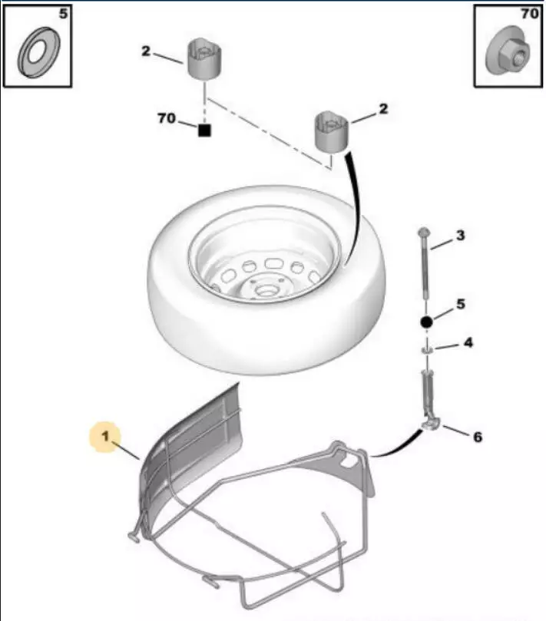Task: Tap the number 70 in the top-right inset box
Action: click(x=529, y=14)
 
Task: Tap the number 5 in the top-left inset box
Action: click(x=64, y=14)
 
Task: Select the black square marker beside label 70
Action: click(x=204, y=130)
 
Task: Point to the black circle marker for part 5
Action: click(x=426, y=322)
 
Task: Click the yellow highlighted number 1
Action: click(x=105, y=437)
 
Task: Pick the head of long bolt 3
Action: click(x=423, y=233)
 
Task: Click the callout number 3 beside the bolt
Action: click(x=460, y=236)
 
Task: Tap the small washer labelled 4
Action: click(x=426, y=350)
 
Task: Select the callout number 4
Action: click(x=468, y=342)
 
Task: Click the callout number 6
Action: click(x=478, y=437)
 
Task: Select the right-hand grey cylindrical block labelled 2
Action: click(x=331, y=132)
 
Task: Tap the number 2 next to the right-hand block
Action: click(x=383, y=109)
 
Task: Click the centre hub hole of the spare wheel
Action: click(x=263, y=291)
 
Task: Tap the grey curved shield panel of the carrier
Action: click(x=191, y=451)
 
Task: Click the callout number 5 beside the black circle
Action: click(x=460, y=304)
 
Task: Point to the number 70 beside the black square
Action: click(x=167, y=118)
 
